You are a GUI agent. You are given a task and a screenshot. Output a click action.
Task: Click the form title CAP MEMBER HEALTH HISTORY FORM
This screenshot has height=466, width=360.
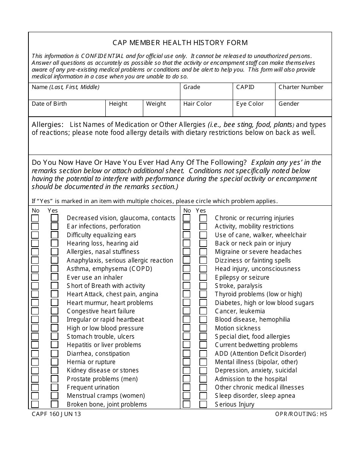click(x=180, y=42)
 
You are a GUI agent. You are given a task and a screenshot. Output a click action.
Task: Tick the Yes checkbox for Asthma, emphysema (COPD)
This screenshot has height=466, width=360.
click(x=55, y=269)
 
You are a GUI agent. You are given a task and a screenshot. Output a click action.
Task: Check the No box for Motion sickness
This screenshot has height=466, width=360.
click(x=186, y=328)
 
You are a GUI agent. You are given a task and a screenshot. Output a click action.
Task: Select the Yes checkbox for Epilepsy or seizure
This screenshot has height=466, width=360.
click(x=203, y=277)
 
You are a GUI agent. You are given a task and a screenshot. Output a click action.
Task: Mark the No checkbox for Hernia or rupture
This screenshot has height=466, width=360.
click(x=35, y=362)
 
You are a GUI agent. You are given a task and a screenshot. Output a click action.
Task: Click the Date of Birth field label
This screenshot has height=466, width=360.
click(x=49, y=104)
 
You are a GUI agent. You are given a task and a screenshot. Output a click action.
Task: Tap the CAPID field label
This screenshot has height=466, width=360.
click(x=245, y=87)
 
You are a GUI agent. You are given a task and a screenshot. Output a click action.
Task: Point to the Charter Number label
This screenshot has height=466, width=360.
click(x=301, y=87)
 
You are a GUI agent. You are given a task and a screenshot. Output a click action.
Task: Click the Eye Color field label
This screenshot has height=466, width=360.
click(x=250, y=104)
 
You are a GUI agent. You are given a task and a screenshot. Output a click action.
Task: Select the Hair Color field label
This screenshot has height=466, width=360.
click(x=197, y=104)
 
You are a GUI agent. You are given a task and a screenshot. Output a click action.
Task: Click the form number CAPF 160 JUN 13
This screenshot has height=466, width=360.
click(x=56, y=414)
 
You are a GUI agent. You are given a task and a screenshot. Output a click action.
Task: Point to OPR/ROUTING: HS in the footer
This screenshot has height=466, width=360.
click(x=301, y=414)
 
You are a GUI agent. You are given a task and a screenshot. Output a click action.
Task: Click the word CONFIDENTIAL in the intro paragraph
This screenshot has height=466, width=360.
click(x=102, y=56)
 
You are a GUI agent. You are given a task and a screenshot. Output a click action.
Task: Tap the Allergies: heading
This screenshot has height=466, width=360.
click(x=47, y=125)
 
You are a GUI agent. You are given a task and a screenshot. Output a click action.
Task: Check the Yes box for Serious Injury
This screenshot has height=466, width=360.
click(x=203, y=404)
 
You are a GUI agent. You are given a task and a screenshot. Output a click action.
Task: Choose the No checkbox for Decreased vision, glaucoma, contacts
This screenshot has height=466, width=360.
click(x=35, y=218)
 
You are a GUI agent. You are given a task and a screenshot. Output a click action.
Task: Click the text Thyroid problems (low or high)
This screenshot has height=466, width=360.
click(x=258, y=294)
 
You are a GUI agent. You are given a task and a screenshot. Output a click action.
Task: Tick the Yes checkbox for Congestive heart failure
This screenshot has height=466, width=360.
click(x=55, y=311)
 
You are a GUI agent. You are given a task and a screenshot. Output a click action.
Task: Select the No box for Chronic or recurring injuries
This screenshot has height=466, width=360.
click(x=186, y=218)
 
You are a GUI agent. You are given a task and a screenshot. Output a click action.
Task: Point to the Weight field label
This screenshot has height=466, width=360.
click(x=156, y=104)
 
